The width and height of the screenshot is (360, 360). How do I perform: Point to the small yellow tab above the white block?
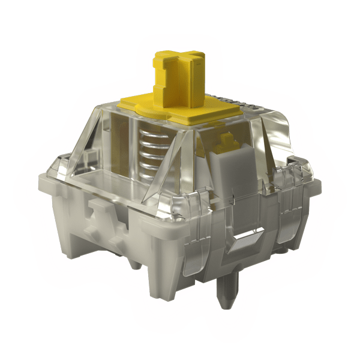[x=227, y=142]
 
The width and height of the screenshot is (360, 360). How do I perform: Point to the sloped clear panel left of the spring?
[x=114, y=150]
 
